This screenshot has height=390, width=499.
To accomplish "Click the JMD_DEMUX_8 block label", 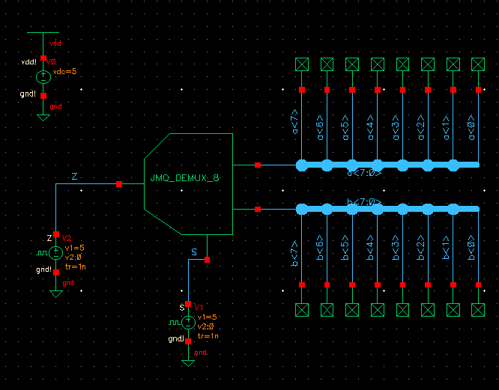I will click(184, 179).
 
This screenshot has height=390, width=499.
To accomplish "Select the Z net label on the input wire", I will click(74, 177).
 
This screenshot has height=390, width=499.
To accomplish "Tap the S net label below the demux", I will click(194, 252).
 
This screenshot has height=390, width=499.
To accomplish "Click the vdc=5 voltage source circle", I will click(43, 76).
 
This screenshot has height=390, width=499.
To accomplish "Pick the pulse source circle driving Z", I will click(56, 253).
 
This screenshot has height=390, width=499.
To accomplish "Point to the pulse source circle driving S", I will click(188, 322).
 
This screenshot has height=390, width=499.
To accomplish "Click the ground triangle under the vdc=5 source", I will click(43, 117).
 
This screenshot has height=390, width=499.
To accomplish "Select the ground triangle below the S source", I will click(188, 363).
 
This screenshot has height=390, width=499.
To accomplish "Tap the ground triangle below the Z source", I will click(56, 294).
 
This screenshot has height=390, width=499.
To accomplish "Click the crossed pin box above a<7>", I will click(302, 64).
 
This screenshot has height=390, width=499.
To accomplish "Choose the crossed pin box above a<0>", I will click(478, 64).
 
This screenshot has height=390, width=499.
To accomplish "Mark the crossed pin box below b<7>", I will click(302, 310).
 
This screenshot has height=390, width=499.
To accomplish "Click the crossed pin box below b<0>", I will click(478, 310).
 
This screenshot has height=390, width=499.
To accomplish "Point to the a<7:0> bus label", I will click(364, 173).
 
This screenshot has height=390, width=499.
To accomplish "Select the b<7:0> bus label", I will click(364, 201).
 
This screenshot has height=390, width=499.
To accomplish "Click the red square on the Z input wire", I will click(119, 183).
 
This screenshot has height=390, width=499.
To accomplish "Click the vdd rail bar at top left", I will click(43, 33).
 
